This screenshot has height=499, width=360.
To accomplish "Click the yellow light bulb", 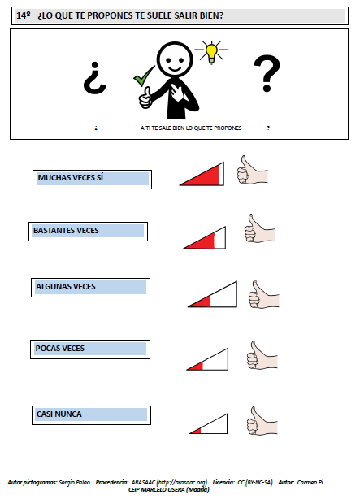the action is (x=211, y=53).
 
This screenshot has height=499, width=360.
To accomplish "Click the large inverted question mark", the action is (x=94, y=78).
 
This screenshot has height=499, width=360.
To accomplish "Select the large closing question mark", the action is (x=267, y=73).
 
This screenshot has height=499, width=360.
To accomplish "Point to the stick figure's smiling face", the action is (x=175, y=59).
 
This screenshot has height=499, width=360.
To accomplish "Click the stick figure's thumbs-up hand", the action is (x=145, y=98).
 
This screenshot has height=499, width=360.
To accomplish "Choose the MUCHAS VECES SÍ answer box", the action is (x=93, y=180).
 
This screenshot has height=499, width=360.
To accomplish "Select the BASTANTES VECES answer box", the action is (x=88, y=232).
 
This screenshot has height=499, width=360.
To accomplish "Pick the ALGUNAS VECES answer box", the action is (x=90, y=288).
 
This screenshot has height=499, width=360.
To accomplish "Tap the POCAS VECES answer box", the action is (x=90, y=349).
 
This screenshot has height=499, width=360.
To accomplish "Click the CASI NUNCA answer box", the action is (x=91, y=415).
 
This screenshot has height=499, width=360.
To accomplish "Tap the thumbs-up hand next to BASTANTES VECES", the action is (x=259, y=228).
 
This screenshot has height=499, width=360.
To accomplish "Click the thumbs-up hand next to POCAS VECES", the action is (x=262, y=355).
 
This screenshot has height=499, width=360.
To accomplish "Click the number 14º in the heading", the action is (x=24, y=15).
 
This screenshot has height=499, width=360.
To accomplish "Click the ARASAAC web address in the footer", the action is (x=169, y=483).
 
